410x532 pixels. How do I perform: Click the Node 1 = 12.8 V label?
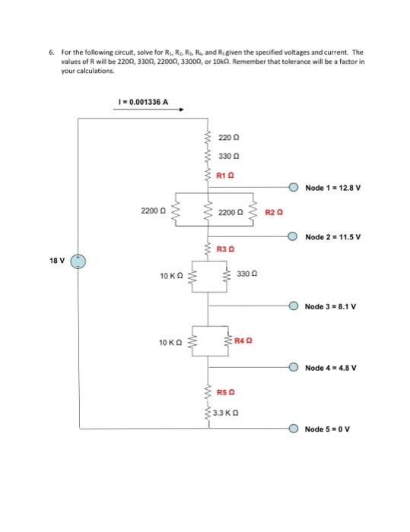pos(331,187)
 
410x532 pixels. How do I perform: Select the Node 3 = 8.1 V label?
pos(329,307)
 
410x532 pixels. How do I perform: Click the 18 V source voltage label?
pos(57,261)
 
